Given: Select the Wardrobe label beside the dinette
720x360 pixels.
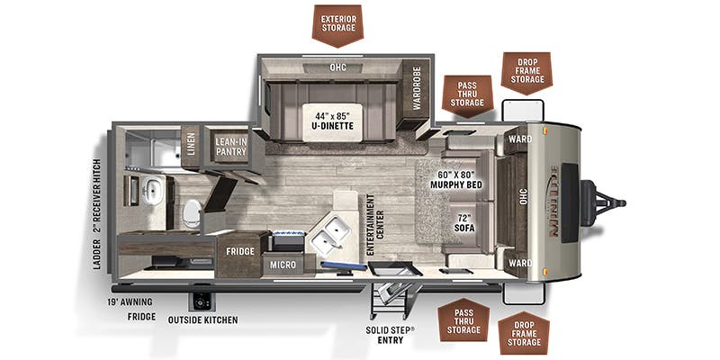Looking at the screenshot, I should tap(417, 87).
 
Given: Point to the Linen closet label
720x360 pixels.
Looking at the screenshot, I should tap(190, 147).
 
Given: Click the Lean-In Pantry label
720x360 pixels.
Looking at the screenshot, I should tap(230, 146).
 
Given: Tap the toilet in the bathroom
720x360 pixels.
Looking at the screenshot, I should tap(192, 213).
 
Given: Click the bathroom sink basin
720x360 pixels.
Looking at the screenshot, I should tap(153, 191).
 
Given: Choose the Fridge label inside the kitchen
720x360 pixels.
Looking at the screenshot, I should tap(239, 252).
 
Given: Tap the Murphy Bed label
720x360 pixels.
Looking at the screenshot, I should tap(461, 179).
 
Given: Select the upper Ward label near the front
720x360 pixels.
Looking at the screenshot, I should tap(520, 139).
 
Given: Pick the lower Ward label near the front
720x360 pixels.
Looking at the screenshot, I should tap(520, 264).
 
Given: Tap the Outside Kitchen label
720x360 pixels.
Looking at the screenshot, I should tap(203, 319).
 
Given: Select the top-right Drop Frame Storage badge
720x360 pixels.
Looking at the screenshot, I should tap(526, 71).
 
